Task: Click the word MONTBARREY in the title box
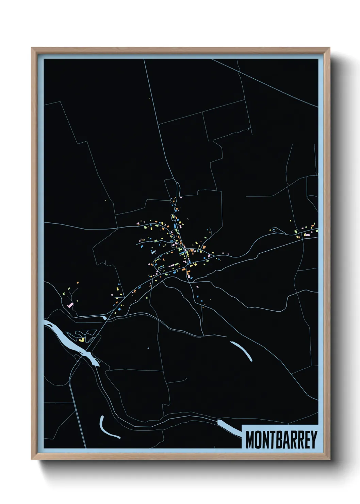click(x=281, y=440)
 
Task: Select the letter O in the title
click(x=259, y=440)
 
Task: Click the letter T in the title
click(x=273, y=440)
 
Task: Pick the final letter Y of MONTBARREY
click(x=314, y=440)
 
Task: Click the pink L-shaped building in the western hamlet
click(x=70, y=305)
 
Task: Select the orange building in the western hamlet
click(x=78, y=283)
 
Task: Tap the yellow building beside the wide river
click(x=82, y=340)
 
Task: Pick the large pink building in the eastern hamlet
click(x=307, y=235)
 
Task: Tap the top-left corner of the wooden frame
click(x=32, y=48)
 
